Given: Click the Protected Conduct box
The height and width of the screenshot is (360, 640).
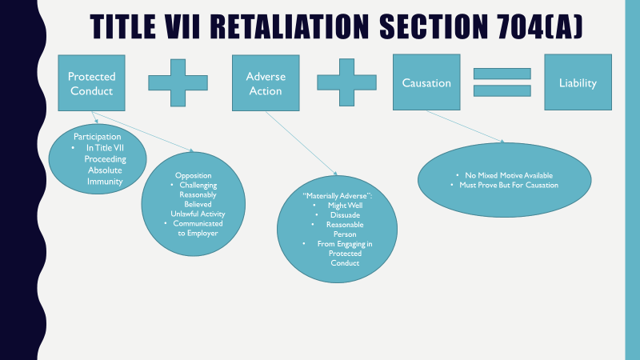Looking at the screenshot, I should pyautogui.click(x=91, y=83).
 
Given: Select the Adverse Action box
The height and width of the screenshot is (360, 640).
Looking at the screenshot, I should pyautogui.click(x=265, y=83).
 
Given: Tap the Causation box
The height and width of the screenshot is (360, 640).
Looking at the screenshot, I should pyautogui.click(x=426, y=83).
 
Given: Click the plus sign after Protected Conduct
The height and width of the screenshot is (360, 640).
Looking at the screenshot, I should pyautogui.click(x=177, y=82).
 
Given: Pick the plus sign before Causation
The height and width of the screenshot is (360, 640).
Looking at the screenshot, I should pyautogui.click(x=346, y=82).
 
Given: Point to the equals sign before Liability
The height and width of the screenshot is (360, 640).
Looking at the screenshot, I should pyautogui.click(x=502, y=82).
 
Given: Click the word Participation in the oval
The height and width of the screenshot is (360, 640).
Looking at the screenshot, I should pyautogui.click(x=98, y=137).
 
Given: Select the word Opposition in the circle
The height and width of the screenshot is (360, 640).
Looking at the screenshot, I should pyautogui.click(x=193, y=174).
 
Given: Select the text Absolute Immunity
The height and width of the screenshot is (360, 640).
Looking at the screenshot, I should pyautogui.click(x=106, y=175).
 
